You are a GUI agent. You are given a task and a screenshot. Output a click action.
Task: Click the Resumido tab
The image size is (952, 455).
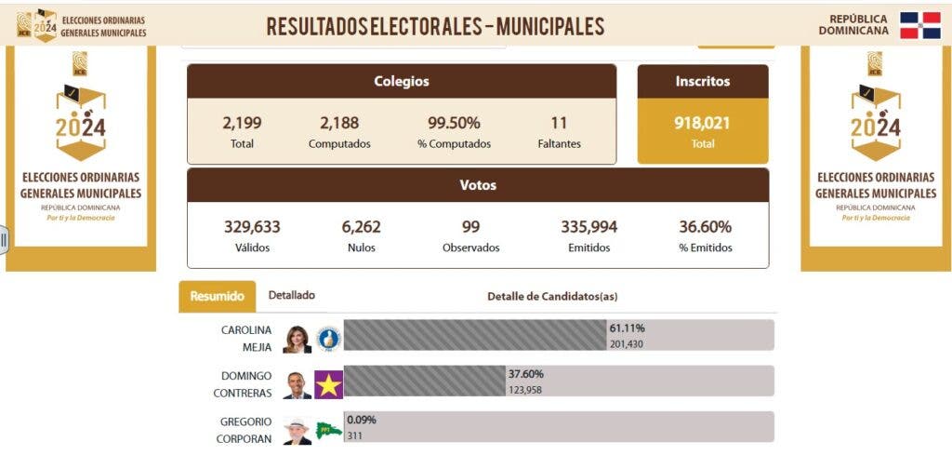pyautogui.click(x=217, y=297)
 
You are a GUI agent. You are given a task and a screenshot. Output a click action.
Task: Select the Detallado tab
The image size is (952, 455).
pyautogui.click(x=291, y=295)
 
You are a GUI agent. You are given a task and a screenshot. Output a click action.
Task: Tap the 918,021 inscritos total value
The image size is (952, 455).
pyautogui.click(x=702, y=123)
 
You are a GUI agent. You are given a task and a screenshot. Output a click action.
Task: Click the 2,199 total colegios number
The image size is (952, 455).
pyautogui.click(x=242, y=123)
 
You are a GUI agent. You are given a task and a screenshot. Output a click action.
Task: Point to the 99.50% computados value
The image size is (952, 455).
pyautogui.click(x=454, y=123)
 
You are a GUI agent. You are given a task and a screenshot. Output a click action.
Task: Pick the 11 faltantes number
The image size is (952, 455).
pyautogui.click(x=559, y=123)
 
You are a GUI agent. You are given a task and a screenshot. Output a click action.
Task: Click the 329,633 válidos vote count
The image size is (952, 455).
pyautogui.click(x=252, y=227)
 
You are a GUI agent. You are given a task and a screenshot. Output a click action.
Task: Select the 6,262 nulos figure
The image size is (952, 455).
pyautogui.click(x=361, y=227)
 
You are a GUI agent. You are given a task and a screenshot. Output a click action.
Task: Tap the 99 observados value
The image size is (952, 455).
pyautogui.click(x=470, y=227)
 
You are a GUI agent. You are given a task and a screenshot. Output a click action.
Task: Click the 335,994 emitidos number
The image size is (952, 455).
pyautogui.click(x=588, y=227)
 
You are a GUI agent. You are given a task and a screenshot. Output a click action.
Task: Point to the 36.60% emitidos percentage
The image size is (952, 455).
pyautogui.click(x=705, y=227)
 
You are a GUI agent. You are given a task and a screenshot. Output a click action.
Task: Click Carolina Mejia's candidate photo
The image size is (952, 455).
pyautogui.click(x=297, y=340)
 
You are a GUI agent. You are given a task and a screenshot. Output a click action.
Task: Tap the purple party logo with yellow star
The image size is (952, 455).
pyautogui.click(x=328, y=384)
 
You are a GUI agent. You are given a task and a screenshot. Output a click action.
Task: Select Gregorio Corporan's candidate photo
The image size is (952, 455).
pyautogui.click(x=297, y=430)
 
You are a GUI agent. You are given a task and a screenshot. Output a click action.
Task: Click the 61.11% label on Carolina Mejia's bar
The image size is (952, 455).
pyautogui.click(x=627, y=328)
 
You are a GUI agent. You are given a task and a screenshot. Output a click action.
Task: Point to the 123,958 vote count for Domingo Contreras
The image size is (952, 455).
pyautogui.click(x=525, y=390)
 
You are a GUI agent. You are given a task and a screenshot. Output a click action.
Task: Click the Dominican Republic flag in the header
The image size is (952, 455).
pyautogui.click(x=920, y=25)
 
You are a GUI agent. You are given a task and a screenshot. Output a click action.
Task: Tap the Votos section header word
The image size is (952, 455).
pyautogui.click(x=478, y=185)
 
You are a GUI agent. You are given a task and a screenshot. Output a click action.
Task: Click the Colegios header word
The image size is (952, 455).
pyautogui.click(x=402, y=81)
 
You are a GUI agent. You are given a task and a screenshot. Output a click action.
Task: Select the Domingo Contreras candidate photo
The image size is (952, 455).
pyautogui.click(x=297, y=384)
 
